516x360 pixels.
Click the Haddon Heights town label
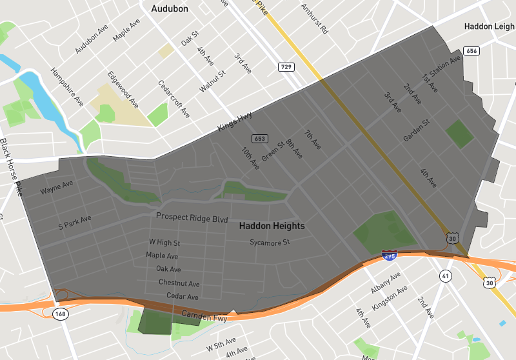(272, 226)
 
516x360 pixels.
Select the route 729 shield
(286, 67)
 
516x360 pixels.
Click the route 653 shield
(259, 139)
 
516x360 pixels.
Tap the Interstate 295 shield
(389, 254)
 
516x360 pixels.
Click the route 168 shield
(61, 314)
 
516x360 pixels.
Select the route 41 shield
(446, 276)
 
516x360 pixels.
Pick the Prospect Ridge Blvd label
(192, 219)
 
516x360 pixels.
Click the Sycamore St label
(270, 243)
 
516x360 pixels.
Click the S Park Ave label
(75, 223)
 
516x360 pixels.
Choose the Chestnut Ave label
(179, 283)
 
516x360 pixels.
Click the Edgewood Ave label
(123, 89)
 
